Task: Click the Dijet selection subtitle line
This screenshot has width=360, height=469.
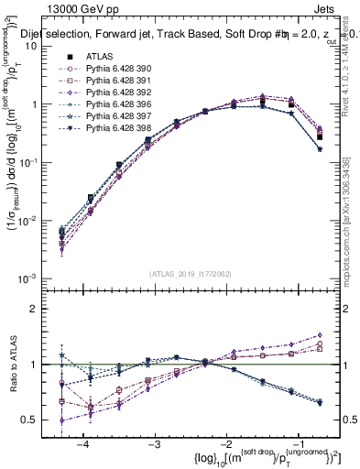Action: pyautogui.click(x=183, y=34)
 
